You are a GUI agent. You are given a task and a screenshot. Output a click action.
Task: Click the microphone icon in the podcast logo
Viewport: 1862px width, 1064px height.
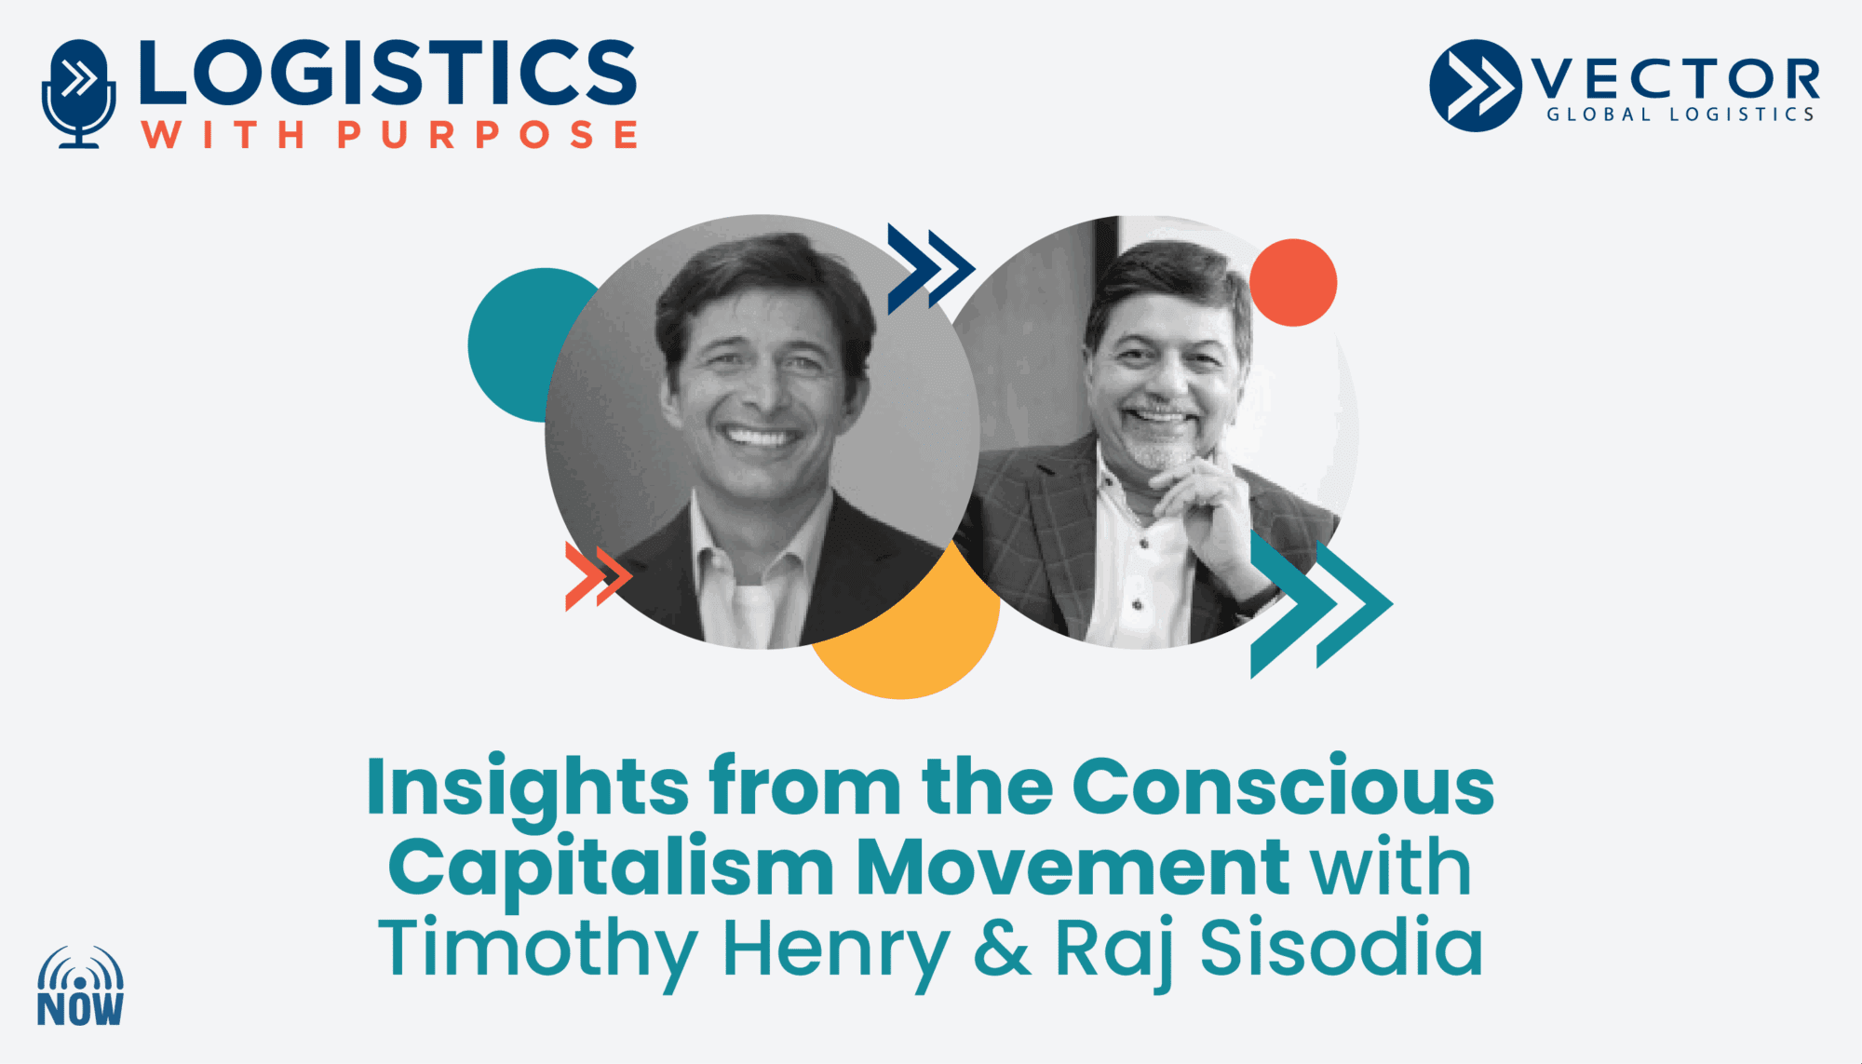point(79,93)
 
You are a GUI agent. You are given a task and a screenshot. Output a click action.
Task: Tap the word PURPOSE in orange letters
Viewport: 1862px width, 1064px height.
point(487,135)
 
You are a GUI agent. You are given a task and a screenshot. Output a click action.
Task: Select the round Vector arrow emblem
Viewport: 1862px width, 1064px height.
point(1476,86)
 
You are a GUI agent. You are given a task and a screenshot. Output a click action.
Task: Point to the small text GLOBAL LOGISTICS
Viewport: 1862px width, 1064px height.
point(1680,114)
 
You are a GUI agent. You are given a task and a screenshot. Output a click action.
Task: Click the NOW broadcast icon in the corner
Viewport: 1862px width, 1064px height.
point(80,986)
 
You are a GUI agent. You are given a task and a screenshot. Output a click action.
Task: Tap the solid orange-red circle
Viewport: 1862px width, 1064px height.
point(1293,282)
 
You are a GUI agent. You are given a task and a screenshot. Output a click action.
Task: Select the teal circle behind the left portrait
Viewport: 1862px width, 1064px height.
point(521,344)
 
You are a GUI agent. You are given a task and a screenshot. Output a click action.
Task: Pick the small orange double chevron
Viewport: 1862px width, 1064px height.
point(599,576)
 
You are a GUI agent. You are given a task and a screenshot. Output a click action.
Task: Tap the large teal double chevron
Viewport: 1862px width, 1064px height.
point(1321,603)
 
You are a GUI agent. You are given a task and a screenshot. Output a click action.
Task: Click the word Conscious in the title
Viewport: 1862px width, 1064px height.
point(1283,788)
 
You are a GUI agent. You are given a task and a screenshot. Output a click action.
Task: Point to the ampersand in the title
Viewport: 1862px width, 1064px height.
point(1002,948)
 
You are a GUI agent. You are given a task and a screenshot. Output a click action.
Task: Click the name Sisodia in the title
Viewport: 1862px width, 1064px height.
point(1342,946)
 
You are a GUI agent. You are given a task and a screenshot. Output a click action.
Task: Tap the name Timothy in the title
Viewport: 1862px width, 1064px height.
point(538,951)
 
